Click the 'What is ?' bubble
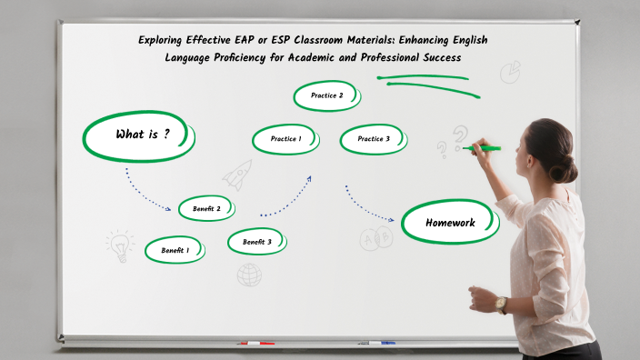click(x=141, y=135)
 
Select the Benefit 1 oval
click(x=174, y=250)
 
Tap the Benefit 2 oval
click(x=206, y=209)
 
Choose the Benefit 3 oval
click(x=256, y=242)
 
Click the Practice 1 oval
click(x=285, y=139)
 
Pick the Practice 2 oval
click(x=326, y=95)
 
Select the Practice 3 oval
click(x=373, y=139)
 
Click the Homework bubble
click(x=450, y=223)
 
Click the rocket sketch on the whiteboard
click(x=237, y=173)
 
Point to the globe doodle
click(x=249, y=274)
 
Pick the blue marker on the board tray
click(x=382, y=343)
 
